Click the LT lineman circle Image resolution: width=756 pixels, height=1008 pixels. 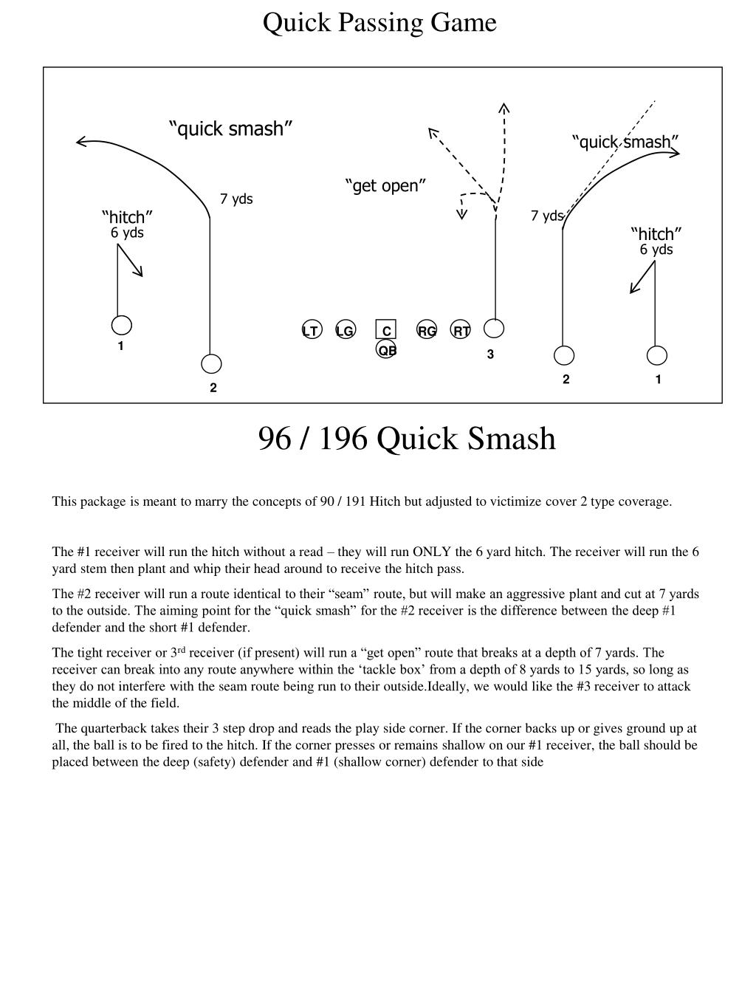pos(312,331)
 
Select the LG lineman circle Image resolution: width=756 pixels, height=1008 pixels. pos(345,331)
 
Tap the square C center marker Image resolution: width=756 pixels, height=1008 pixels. pos(386,330)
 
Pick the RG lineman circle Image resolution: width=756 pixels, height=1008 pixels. pos(427,331)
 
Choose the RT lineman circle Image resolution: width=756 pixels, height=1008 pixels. pos(461,331)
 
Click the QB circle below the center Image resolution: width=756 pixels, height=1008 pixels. pos(386,349)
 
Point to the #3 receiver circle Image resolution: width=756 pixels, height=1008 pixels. pos(495,329)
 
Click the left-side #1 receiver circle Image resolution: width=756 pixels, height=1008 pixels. pos(122,325)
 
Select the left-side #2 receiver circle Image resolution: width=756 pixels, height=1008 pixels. pos(212,364)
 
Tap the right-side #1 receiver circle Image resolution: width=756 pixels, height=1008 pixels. pos(656,356)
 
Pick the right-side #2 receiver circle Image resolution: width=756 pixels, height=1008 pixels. pos(564,356)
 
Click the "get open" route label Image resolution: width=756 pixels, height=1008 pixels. pos(385,185)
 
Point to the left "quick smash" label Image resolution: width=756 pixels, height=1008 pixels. pos(231,129)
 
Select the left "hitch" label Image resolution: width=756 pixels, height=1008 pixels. pos(127,217)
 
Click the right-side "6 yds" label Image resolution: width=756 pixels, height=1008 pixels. pos(656,250)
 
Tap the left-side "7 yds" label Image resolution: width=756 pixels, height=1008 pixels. pos(236,199)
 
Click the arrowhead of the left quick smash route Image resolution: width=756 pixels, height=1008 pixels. pos(79,141)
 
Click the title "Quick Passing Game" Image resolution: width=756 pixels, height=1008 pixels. pos(379,23)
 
